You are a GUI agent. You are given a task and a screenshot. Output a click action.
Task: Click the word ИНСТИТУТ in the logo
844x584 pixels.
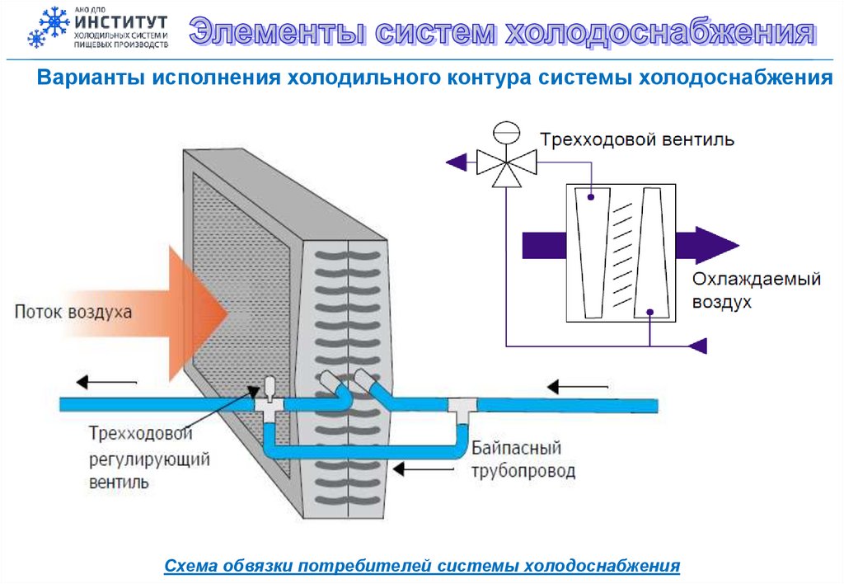pyautogui.click(x=120, y=21)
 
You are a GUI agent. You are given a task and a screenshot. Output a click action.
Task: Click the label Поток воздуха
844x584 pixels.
pyautogui.click(x=73, y=313)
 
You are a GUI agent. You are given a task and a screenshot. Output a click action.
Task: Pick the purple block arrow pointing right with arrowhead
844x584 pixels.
pyautogui.click(x=705, y=245)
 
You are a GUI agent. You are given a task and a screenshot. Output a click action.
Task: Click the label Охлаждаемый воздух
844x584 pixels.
pyautogui.click(x=756, y=290)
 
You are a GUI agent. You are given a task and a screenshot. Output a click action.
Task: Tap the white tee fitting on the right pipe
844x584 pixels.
pyautogui.click(x=462, y=406)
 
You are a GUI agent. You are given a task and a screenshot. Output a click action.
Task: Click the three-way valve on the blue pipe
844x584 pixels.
pyautogui.click(x=269, y=400)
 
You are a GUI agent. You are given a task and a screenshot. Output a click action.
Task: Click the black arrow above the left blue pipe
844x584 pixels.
pyautogui.click(x=106, y=382)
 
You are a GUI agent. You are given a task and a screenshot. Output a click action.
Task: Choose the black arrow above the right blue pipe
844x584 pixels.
pyautogui.click(x=576, y=385)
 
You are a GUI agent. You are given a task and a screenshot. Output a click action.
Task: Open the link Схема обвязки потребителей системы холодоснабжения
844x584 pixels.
pyautogui.click(x=422, y=566)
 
